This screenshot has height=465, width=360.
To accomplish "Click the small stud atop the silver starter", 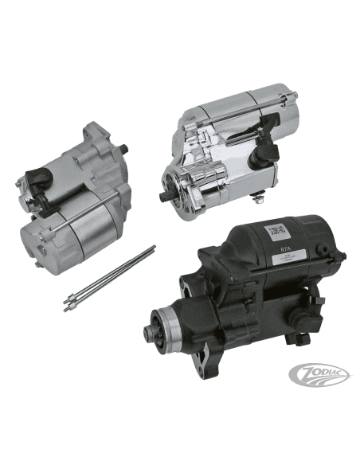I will [x=125, y=148].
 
